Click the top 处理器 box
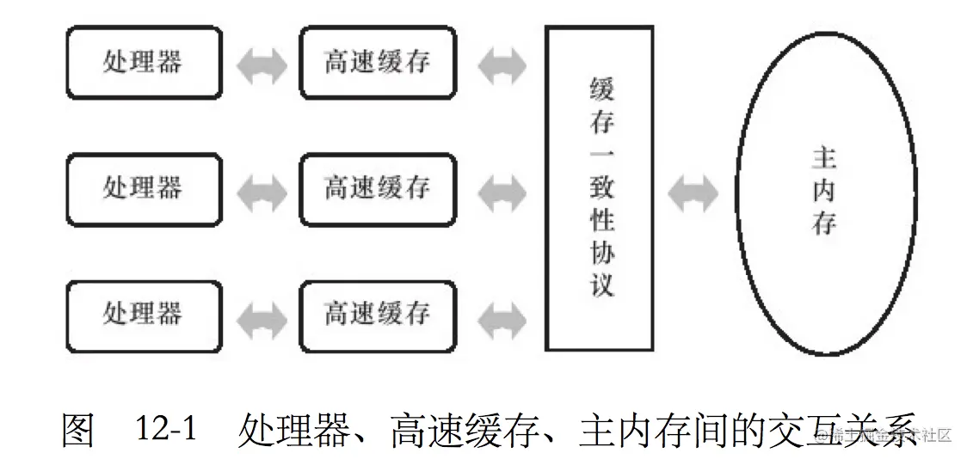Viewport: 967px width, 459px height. (143, 62)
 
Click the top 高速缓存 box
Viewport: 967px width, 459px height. (377, 62)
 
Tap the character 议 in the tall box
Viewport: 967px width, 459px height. (601, 284)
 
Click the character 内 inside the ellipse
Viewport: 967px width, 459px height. (823, 190)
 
